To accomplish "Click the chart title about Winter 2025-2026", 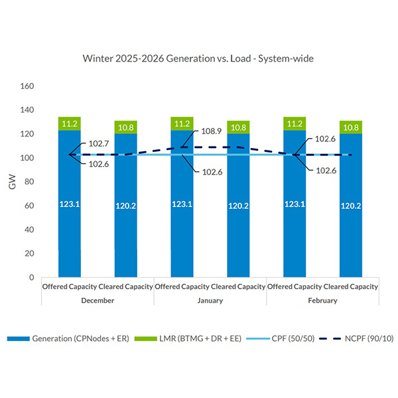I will pyautogui.click(x=198, y=58).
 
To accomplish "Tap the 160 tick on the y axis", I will pyautogui.click(x=27, y=86).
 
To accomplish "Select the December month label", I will pyautogui.click(x=97, y=300).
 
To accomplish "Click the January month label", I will pyautogui.click(x=210, y=300).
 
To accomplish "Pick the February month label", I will pyautogui.click(x=322, y=300).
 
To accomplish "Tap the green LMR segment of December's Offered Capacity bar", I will pyautogui.click(x=70, y=123).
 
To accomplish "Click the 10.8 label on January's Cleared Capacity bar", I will pyautogui.click(x=239, y=127).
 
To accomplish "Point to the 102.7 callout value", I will pyautogui.click(x=98, y=144).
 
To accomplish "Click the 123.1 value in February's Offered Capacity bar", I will pyautogui.click(x=295, y=204).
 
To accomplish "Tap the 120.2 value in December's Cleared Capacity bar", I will pyautogui.click(x=126, y=206).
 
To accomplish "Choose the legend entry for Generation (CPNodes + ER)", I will pyautogui.click(x=63, y=340).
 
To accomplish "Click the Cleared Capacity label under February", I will pyautogui.click(x=351, y=287).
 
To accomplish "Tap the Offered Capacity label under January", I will pyautogui.click(x=182, y=287).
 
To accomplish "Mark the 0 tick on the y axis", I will pyautogui.click(x=31, y=277).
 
